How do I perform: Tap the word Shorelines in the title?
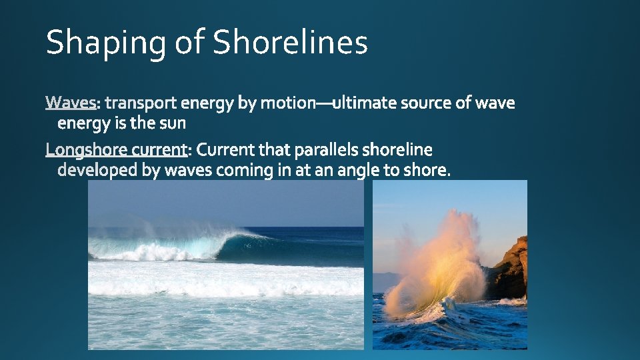(x=290, y=43)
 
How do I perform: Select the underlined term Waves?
(x=71, y=103)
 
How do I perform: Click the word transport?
(x=141, y=103)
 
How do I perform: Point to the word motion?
(x=288, y=103)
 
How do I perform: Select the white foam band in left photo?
(x=227, y=280)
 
